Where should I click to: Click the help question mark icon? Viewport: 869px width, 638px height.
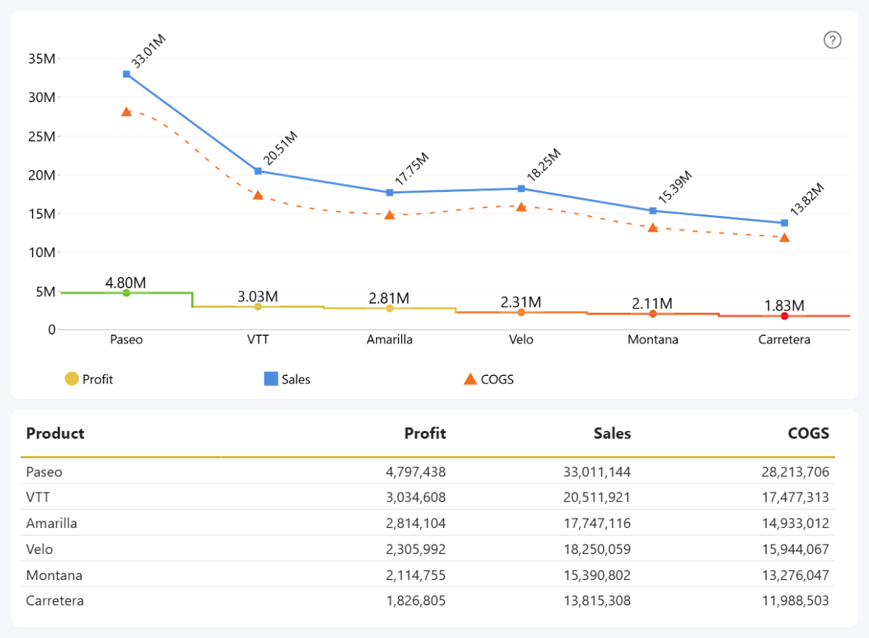coord(833,41)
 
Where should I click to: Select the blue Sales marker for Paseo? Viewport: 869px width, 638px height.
coord(127,74)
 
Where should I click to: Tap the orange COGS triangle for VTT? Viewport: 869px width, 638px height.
coord(258,196)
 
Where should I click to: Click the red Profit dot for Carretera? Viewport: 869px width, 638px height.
coord(784,316)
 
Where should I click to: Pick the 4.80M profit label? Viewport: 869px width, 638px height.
coord(126,282)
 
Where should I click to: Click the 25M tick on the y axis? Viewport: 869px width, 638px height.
coord(41,136)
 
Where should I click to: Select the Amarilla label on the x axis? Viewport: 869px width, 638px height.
coord(390,340)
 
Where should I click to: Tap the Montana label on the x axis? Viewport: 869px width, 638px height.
coord(652,340)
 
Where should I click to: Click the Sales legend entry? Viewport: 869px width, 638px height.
coord(287,379)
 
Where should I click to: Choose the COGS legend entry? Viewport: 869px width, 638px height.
coord(488,379)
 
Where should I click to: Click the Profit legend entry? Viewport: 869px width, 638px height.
coord(89,379)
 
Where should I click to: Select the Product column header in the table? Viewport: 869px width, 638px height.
coord(55,434)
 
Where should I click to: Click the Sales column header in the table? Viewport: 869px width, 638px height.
coord(612,434)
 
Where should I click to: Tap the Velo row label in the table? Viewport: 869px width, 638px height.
coord(40,549)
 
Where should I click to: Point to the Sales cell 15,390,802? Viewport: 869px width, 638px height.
coord(597,575)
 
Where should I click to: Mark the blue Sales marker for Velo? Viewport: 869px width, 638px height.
coord(521,188)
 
